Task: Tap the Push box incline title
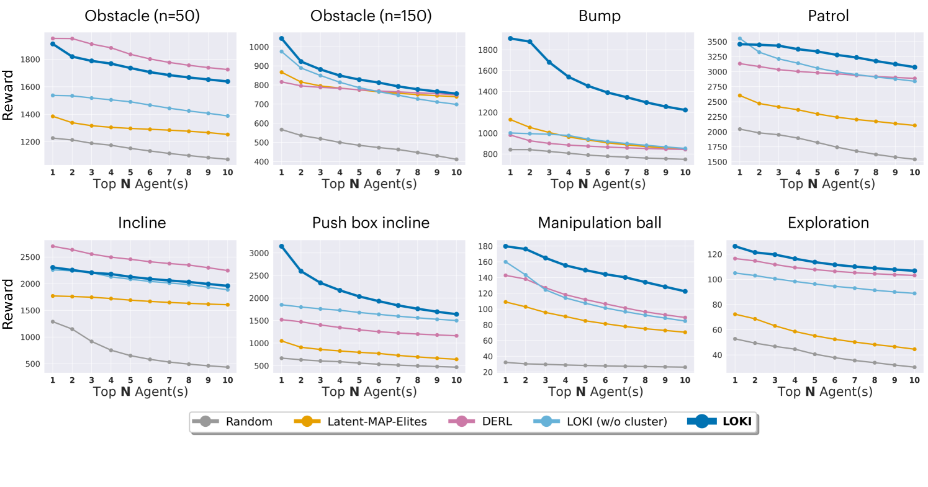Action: (371, 223)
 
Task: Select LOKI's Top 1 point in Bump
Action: (510, 38)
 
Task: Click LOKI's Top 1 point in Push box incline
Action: (282, 246)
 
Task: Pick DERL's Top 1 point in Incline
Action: (53, 246)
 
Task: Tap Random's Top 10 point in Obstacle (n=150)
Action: (456, 159)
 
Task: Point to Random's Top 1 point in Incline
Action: (53, 321)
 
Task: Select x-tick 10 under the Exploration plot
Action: (914, 379)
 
